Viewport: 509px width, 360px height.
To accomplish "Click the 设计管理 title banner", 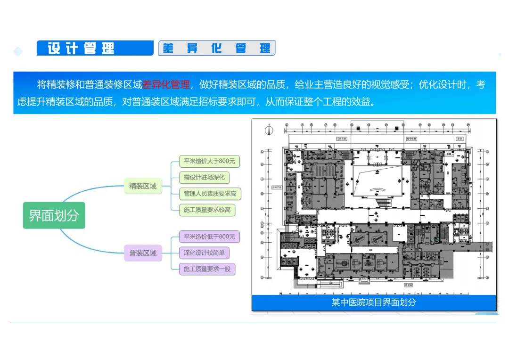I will click(x=95, y=48).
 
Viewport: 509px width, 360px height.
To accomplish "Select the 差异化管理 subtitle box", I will click(x=216, y=48).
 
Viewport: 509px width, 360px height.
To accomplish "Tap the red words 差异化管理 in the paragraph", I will click(x=166, y=85).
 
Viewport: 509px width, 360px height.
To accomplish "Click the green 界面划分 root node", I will click(x=54, y=215).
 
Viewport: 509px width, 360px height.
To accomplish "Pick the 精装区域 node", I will click(x=143, y=186).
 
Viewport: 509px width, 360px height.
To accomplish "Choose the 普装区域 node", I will click(x=143, y=253).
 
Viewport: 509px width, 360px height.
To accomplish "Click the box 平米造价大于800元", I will click(x=209, y=161).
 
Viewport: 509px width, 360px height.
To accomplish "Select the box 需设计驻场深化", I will click(x=204, y=177).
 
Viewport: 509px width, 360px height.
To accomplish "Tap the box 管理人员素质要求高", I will click(x=210, y=193).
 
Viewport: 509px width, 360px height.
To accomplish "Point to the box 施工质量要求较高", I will click(x=207, y=209).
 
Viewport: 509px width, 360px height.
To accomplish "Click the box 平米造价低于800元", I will click(x=209, y=237).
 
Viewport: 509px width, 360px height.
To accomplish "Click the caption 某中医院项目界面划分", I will click(x=373, y=303).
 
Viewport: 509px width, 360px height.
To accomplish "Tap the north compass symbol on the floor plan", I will click(x=269, y=130).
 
